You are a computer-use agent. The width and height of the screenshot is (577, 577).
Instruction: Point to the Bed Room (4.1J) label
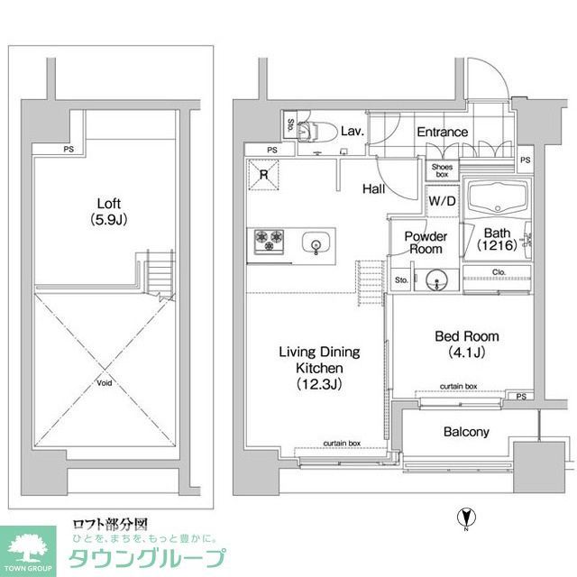click(466, 343)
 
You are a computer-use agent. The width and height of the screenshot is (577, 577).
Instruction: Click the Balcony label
click(466, 432)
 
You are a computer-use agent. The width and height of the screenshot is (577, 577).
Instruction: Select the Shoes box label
click(442, 169)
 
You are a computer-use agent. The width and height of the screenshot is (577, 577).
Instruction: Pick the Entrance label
click(442, 133)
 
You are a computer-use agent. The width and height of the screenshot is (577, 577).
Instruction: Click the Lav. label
click(352, 132)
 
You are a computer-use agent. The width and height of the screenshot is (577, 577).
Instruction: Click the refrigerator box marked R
click(264, 175)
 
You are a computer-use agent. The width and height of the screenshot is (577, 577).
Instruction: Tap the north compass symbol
click(465, 518)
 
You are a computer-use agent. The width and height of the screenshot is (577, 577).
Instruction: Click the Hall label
click(376, 189)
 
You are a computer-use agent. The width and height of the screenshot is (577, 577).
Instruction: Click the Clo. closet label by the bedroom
click(498, 271)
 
